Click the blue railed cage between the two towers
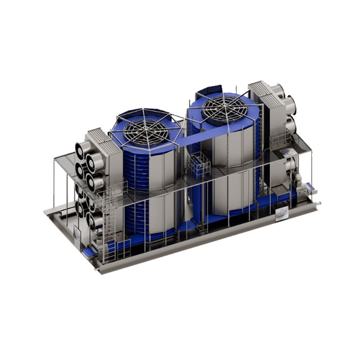click(x=199, y=164)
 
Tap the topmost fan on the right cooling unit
click(x=277, y=90)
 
